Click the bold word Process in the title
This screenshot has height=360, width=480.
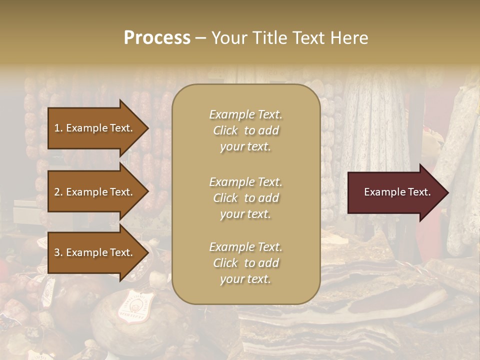pos(157,38)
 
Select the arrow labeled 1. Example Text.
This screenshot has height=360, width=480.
pos(95,128)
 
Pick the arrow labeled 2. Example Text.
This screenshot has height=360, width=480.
pos(95,192)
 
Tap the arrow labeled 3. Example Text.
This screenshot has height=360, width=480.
pos(95,252)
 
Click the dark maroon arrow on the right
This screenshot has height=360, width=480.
pos(395,192)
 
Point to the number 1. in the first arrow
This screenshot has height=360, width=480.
pos(58,128)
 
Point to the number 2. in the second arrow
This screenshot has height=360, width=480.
pos(58,192)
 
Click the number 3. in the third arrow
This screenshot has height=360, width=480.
pos(58,252)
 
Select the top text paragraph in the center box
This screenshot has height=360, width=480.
pos(245,130)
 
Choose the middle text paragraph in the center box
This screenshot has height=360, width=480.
pos(245,198)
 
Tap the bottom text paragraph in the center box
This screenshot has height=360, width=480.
pos(245,263)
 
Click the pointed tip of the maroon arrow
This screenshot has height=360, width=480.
pos(447,192)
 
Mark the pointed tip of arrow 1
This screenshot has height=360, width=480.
pos(147,128)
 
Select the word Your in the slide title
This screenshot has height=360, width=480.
pos(227,38)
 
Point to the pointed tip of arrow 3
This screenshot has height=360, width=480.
pos(147,252)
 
